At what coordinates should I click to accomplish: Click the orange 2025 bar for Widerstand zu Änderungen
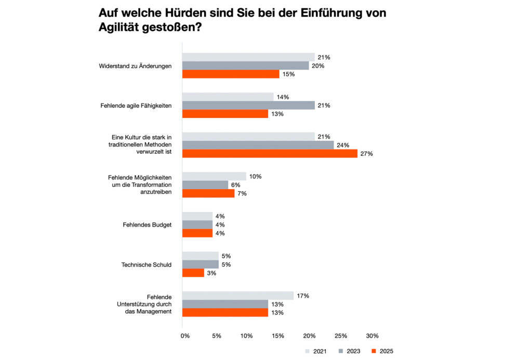(x=230, y=74)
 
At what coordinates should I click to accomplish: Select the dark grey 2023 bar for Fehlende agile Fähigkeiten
(x=248, y=105)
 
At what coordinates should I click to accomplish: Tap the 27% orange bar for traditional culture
(x=270, y=154)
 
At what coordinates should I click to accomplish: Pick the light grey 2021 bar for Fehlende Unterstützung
(x=237, y=296)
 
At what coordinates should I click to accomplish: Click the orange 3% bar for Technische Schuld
(x=193, y=273)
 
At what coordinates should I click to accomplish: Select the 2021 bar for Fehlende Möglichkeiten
(x=214, y=177)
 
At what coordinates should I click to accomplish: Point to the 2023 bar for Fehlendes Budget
(x=197, y=224)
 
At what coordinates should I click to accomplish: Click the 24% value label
(x=342, y=145)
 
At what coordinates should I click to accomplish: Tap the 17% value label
(x=303, y=296)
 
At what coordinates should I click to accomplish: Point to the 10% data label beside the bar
(x=255, y=177)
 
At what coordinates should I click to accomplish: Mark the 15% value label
(x=288, y=74)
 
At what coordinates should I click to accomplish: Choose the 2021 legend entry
(x=316, y=351)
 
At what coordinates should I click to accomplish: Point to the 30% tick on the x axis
(x=372, y=336)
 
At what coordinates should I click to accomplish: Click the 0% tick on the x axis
(x=185, y=336)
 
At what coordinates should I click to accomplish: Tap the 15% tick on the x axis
(x=278, y=336)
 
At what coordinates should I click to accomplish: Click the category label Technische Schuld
(x=147, y=264)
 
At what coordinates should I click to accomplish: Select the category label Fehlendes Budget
(x=148, y=225)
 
